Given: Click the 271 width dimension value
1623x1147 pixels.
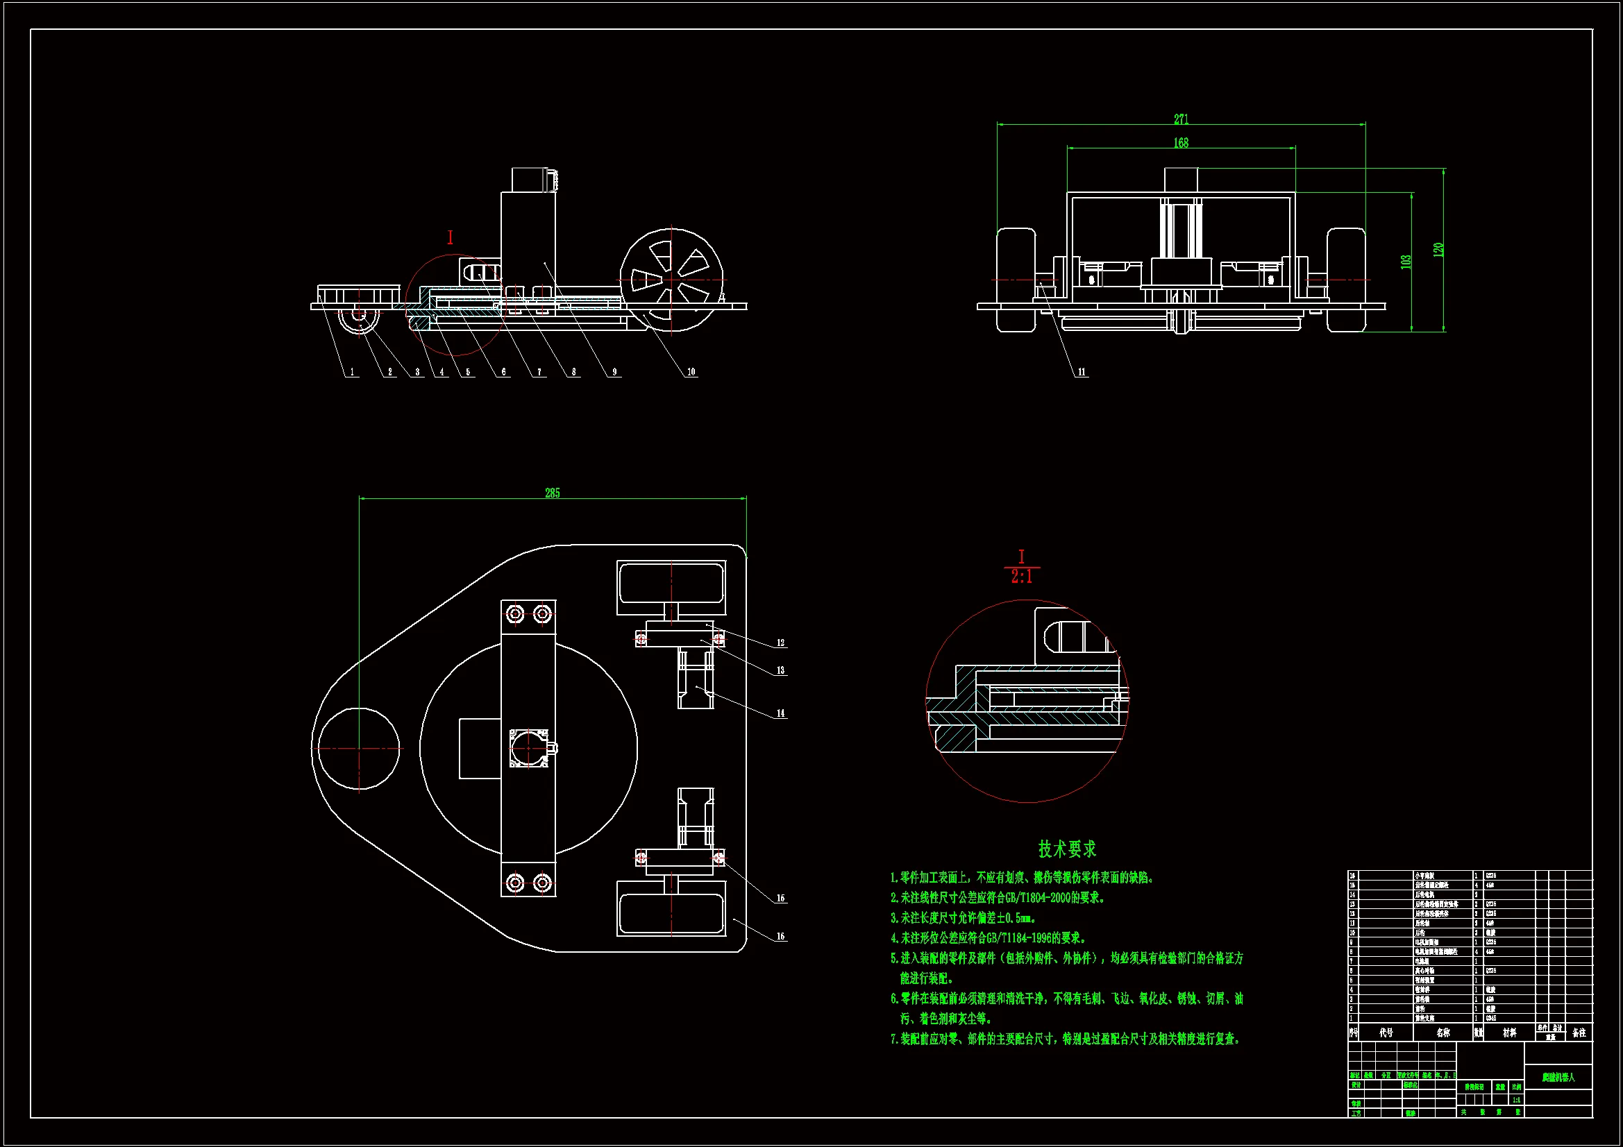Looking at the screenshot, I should (x=1181, y=119).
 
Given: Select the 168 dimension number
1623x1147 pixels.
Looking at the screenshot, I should (x=1181, y=143).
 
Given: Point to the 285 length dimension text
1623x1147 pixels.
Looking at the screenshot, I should (x=552, y=493).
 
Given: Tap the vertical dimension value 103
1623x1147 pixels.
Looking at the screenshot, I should (x=1406, y=262).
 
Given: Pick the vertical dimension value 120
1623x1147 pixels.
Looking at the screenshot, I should (x=1438, y=250).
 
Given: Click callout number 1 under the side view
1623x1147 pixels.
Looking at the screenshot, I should (x=352, y=372).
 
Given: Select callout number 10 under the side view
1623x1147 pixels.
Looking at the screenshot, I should (x=691, y=372).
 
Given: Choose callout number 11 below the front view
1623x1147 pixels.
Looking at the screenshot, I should (x=1082, y=372).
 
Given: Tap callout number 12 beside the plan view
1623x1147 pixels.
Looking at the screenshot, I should (x=780, y=643).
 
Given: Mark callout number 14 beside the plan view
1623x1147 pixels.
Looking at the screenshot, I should (x=780, y=713).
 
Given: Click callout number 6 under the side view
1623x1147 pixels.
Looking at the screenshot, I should (x=503, y=372).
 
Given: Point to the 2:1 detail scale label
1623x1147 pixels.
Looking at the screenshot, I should (x=1021, y=577).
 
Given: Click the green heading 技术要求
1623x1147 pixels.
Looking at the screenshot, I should (x=1067, y=848).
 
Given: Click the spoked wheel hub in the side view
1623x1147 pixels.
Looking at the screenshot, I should (x=671, y=279).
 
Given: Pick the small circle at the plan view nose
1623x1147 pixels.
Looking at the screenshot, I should (x=358, y=749).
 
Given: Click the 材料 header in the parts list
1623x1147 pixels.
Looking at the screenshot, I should (x=1509, y=1033).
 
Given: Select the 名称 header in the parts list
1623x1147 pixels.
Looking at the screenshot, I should (x=1443, y=1033).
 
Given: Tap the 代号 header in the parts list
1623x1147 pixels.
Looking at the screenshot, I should (x=1386, y=1033).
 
